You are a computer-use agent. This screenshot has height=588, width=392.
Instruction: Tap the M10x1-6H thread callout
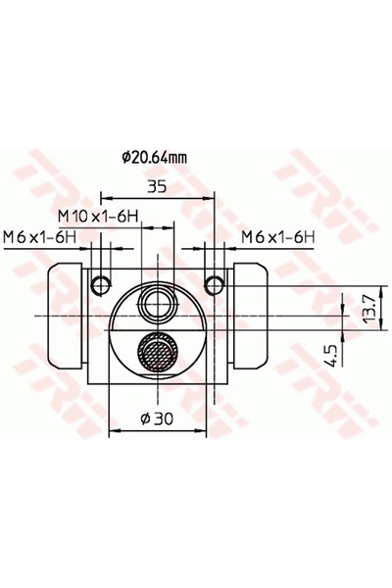pos(95,215)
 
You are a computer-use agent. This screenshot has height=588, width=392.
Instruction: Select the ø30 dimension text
pos(157,418)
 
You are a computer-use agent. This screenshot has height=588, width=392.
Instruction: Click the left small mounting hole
pos(98,284)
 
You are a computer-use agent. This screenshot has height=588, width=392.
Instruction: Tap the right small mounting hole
pos(216,284)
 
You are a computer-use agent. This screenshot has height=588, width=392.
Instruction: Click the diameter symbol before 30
pos(144,418)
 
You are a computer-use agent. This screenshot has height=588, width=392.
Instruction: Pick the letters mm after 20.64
pos(178,154)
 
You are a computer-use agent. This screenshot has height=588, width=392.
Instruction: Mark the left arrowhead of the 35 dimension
pos(103,194)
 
